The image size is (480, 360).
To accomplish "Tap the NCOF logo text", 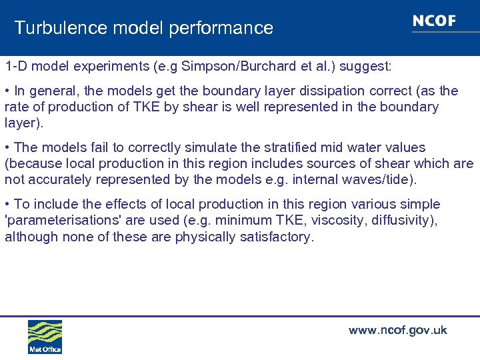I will coord(434,21).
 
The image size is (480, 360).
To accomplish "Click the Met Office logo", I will coord(45,337).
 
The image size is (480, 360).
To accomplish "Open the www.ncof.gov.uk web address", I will coord(398,331).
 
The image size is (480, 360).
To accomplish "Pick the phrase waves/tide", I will coord(384,179).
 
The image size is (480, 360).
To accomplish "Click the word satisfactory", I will coord(276,237).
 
